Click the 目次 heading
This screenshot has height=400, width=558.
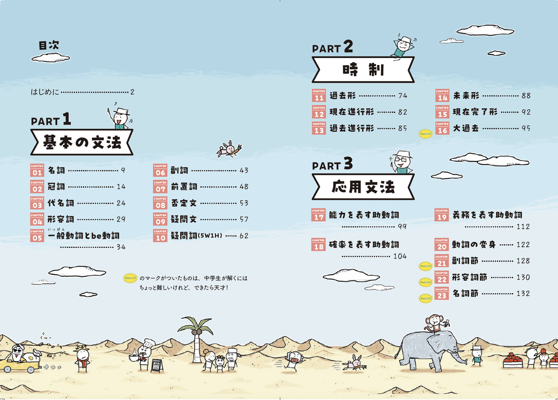click(49, 45)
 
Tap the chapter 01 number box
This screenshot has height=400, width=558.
click(37, 170)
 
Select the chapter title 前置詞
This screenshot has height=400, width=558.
click(184, 187)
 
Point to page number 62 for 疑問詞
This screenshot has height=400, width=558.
click(244, 236)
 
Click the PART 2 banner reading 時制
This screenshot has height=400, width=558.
click(363, 70)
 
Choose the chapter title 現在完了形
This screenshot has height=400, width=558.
click(475, 112)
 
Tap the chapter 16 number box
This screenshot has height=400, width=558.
click(442, 128)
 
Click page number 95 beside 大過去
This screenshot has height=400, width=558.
click(526, 128)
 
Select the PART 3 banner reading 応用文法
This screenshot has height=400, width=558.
click(363, 187)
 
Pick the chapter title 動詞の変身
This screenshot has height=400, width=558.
click(474, 244)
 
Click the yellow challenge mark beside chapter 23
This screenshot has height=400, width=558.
click(425, 298)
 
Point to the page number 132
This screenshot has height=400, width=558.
click(523, 294)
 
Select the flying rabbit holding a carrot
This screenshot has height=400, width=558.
click(229, 149)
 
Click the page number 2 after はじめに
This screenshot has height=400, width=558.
click(132, 92)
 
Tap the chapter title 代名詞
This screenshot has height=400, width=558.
click(61, 203)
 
